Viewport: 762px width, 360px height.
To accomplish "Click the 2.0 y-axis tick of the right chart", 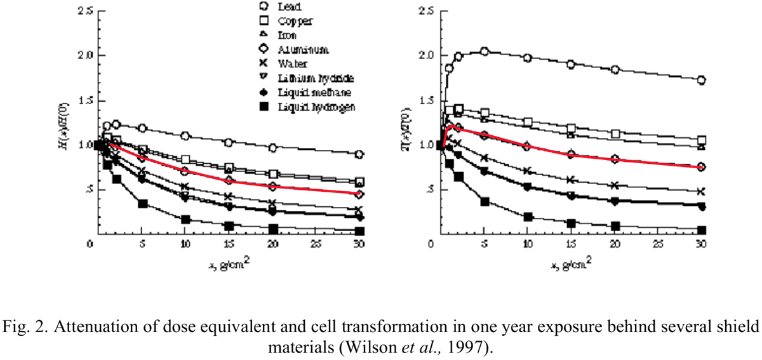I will point(428,55).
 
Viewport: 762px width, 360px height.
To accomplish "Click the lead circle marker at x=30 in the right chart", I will point(702,80).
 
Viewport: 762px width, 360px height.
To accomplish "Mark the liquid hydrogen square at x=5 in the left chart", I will point(143,204).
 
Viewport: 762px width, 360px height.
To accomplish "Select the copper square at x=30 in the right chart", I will point(702,140).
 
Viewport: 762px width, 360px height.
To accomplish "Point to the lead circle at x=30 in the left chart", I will point(359,154).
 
